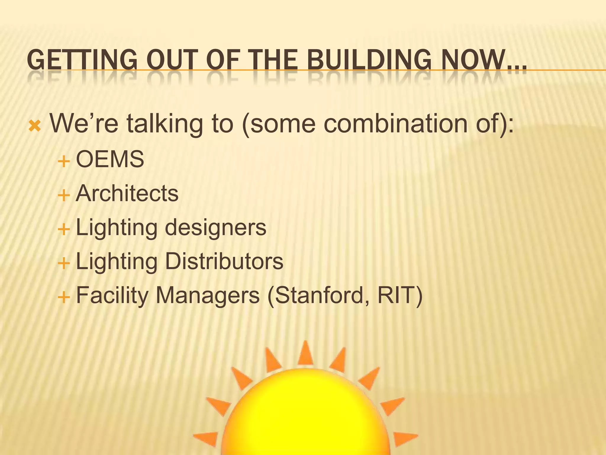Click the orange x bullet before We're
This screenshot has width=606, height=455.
point(35,126)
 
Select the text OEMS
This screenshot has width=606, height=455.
point(110,159)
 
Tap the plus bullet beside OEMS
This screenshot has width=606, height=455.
point(64,162)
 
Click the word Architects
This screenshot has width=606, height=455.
point(127,193)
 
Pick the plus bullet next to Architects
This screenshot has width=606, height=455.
point(64,196)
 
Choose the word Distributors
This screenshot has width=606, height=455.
point(224,261)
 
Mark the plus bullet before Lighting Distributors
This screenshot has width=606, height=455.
point(64,263)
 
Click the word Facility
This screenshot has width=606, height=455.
point(112,296)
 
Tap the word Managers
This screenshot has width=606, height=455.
point(207,295)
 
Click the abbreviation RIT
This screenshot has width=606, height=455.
point(396,295)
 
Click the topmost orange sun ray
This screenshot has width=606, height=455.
point(305,354)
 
